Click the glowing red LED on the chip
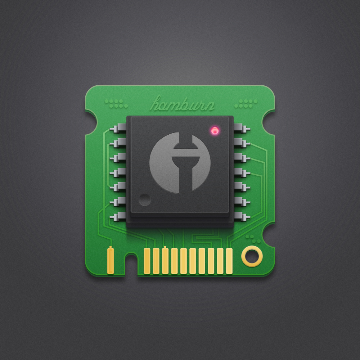pos(215,131)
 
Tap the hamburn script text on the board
pos(182,104)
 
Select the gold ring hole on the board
pos(252,256)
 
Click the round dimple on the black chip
pos(145,200)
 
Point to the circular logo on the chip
pos(180,163)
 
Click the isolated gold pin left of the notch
pos(111,260)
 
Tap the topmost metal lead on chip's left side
pos(118,128)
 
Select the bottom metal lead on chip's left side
pos(118,216)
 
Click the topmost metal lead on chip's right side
pos(242,128)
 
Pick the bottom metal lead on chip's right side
pos(242,216)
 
